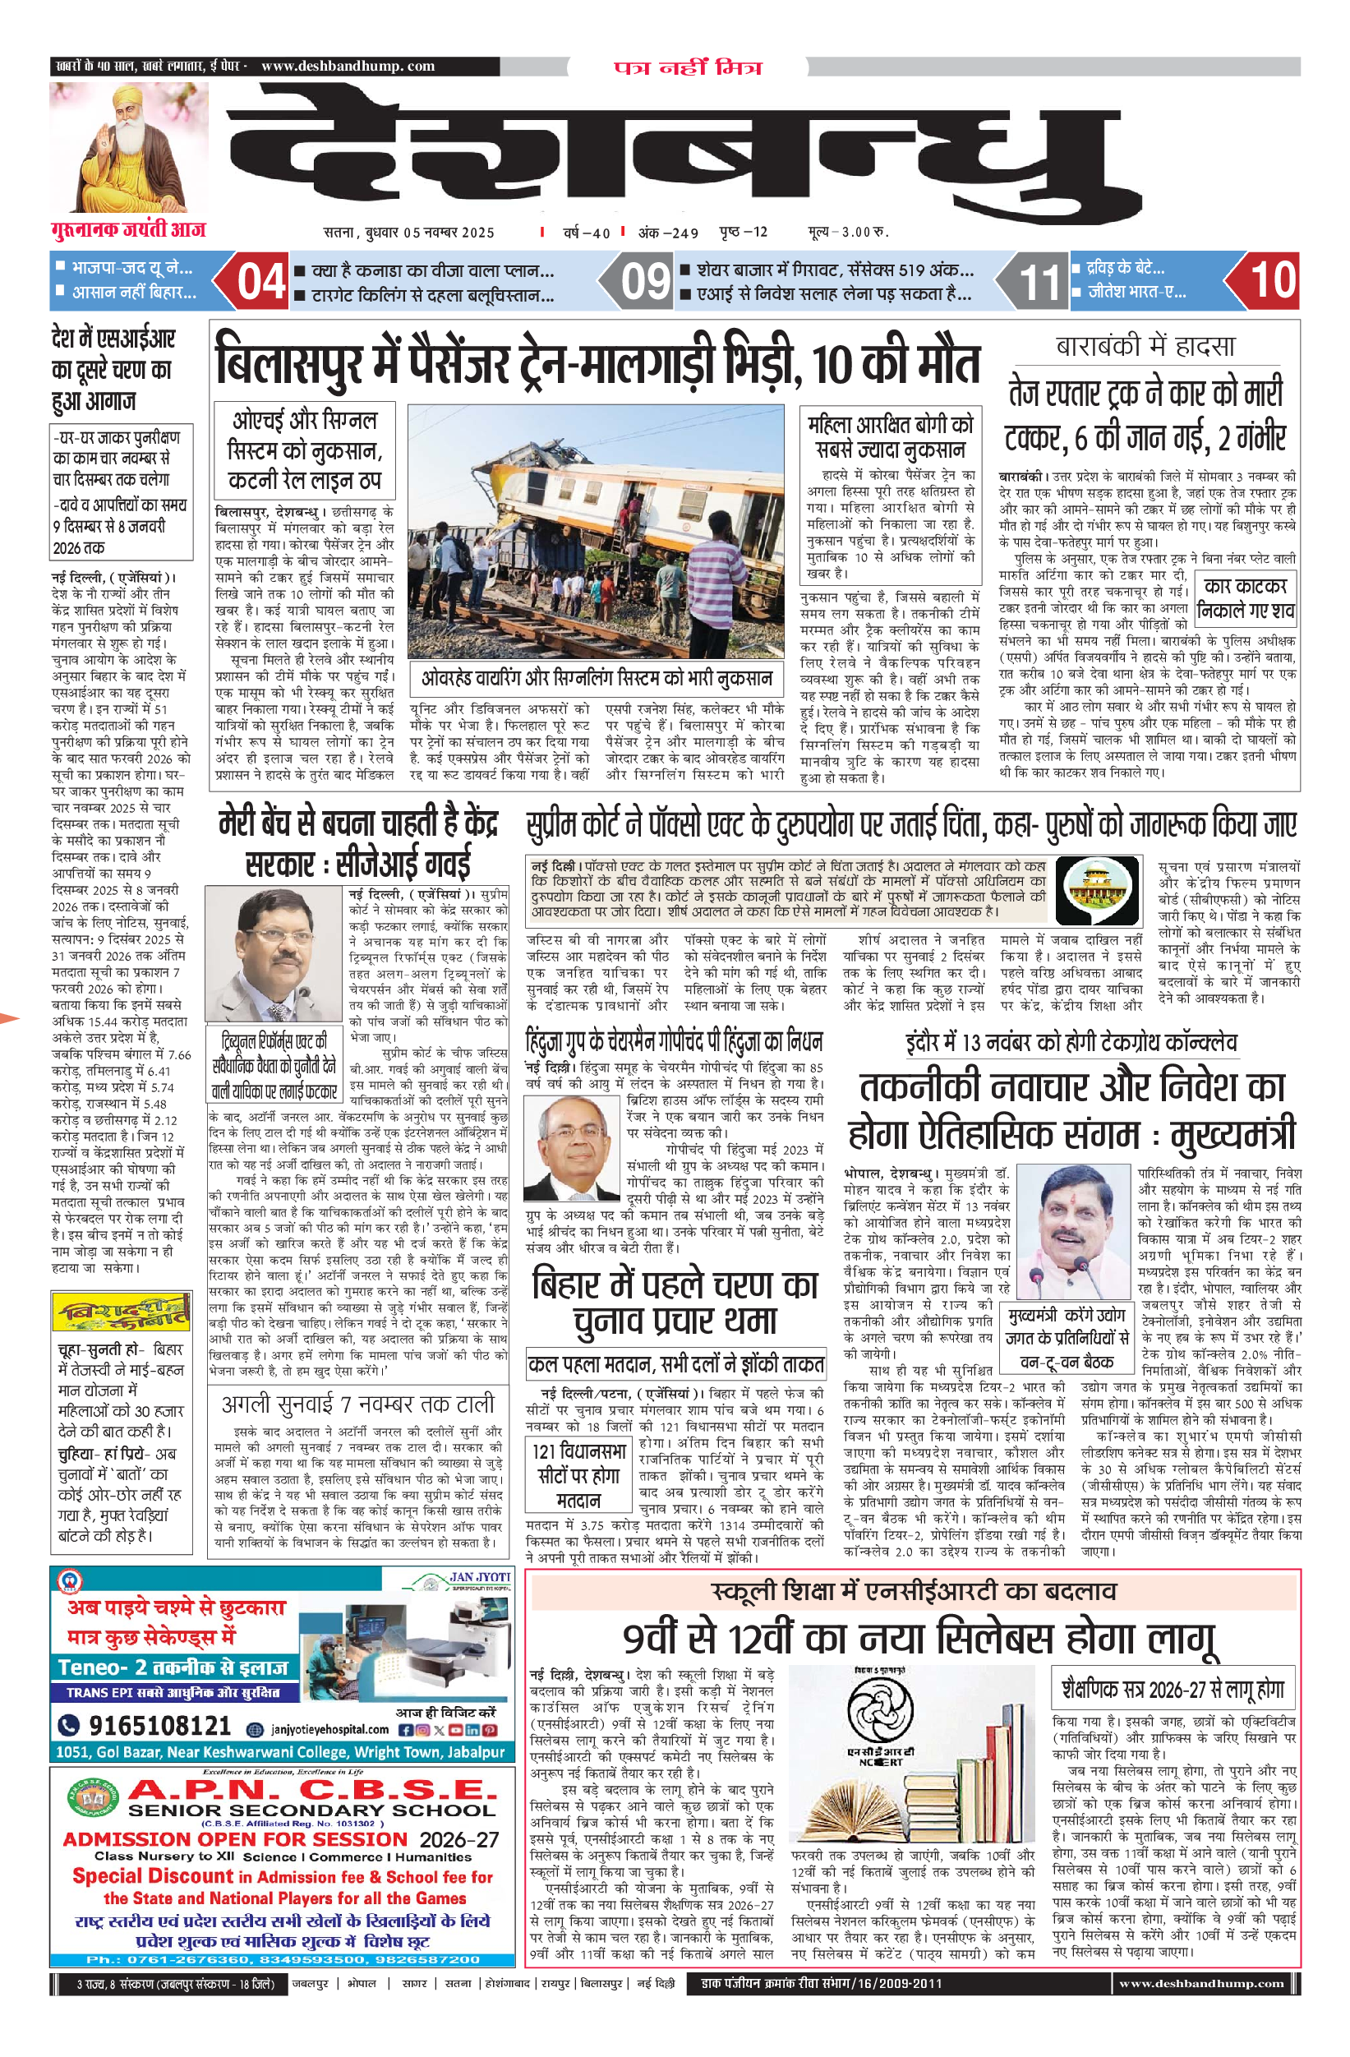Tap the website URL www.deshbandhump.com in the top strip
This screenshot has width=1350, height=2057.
pyautogui.click(x=348, y=67)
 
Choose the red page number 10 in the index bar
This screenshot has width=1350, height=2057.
pyautogui.click(x=1272, y=280)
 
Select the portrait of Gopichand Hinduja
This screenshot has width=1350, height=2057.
pyautogui.click(x=571, y=1149)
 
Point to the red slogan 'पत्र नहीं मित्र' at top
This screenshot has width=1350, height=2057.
pyautogui.click(x=688, y=67)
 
